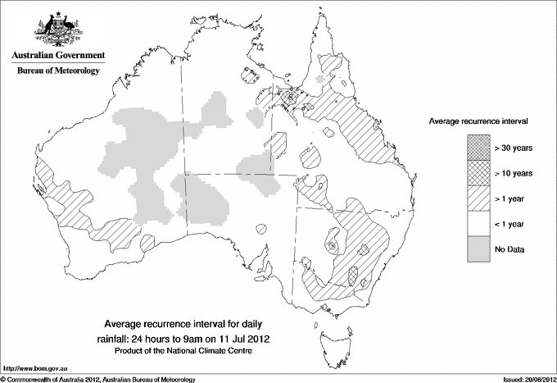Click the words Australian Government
click(x=58, y=56)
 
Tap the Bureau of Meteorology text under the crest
click(x=58, y=71)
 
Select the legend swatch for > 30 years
click(x=479, y=148)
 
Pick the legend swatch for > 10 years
click(x=479, y=173)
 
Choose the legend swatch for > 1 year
click(x=479, y=198)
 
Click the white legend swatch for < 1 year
click(x=479, y=223)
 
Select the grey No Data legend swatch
click(x=479, y=248)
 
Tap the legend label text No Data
click(x=510, y=248)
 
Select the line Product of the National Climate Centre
click(x=186, y=350)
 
